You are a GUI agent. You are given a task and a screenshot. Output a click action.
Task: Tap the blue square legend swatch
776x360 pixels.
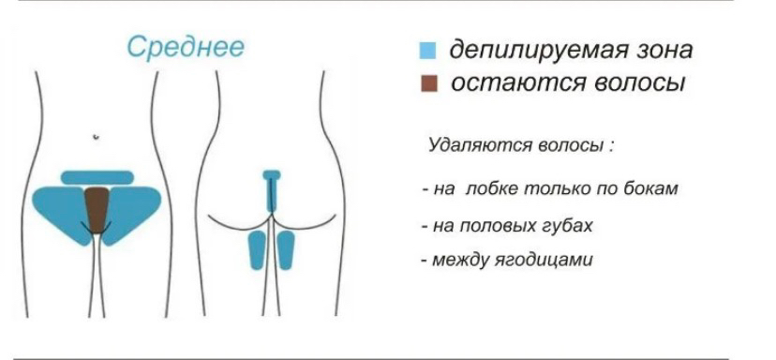[x=429, y=51]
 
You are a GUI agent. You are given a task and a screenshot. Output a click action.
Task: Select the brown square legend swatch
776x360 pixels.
[x=429, y=84]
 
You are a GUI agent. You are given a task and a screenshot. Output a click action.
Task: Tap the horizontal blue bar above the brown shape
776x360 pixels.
[x=97, y=177]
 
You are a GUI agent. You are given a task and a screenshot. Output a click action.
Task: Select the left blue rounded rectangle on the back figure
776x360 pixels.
[x=257, y=250]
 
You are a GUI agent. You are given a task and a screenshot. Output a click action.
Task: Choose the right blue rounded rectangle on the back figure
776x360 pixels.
[x=285, y=250]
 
